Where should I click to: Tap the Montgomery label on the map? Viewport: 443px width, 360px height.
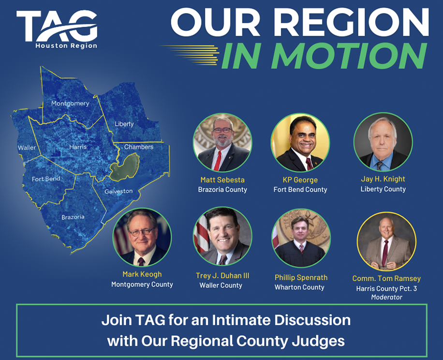click(x=70, y=103)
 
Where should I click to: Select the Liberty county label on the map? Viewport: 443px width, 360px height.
click(x=124, y=124)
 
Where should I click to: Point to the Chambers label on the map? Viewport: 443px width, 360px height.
click(x=139, y=147)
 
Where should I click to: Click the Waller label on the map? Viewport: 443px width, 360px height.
click(x=27, y=148)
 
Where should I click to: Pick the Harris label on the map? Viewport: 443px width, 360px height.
click(x=78, y=147)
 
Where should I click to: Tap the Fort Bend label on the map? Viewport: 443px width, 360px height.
click(x=46, y=179)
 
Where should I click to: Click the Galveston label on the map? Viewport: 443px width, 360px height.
click(x=118, y=191)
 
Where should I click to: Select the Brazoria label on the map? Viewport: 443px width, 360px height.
click(x=73, y=217)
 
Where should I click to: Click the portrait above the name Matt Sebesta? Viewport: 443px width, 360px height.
click(x=222, y=143)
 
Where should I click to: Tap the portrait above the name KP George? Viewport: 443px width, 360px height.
click(x=300, y=143)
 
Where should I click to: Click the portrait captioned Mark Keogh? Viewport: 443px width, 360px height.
click(x=142, y=237)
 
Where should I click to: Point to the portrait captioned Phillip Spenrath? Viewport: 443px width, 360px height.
click(x=301, y=238)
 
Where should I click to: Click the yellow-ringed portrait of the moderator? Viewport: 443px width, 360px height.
click(x=386, y=241)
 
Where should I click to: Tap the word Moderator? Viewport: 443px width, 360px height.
click(x=386, y=297)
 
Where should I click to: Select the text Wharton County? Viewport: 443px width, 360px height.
click(x=299, y=287)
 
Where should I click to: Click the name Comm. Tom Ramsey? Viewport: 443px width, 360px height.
click(x=386, y=278)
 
